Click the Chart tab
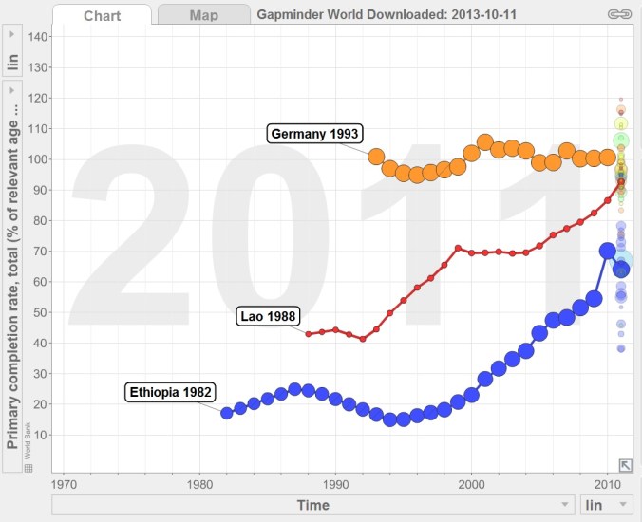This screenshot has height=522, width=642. click(102, 15)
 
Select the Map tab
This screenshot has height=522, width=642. click(203, 15)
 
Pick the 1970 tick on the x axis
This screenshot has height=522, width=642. click(64, 481)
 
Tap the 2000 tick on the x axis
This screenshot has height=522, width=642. click(472, 481)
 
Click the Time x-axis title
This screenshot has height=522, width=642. click(312, 504)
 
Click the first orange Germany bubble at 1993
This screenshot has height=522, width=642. click(376, 157)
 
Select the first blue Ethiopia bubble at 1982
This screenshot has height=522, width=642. click(227, 413)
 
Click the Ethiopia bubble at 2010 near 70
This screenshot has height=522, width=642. click(608, 251)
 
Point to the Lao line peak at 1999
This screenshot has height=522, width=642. click(459, 248)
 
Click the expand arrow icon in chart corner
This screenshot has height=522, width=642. click(625, 464)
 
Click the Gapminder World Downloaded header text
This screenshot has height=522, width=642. click(387, 15)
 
